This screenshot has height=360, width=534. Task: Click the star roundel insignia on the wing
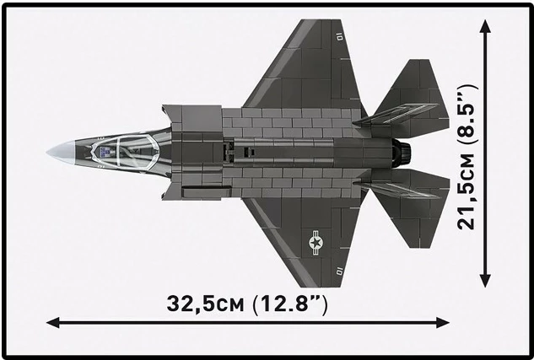[316, 244]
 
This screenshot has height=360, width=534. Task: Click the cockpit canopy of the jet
[117, 152]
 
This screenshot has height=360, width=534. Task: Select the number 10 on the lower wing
[337, 271]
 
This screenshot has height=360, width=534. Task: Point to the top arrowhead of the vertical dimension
[485, 28]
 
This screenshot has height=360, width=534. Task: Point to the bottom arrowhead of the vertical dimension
[485, 282]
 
